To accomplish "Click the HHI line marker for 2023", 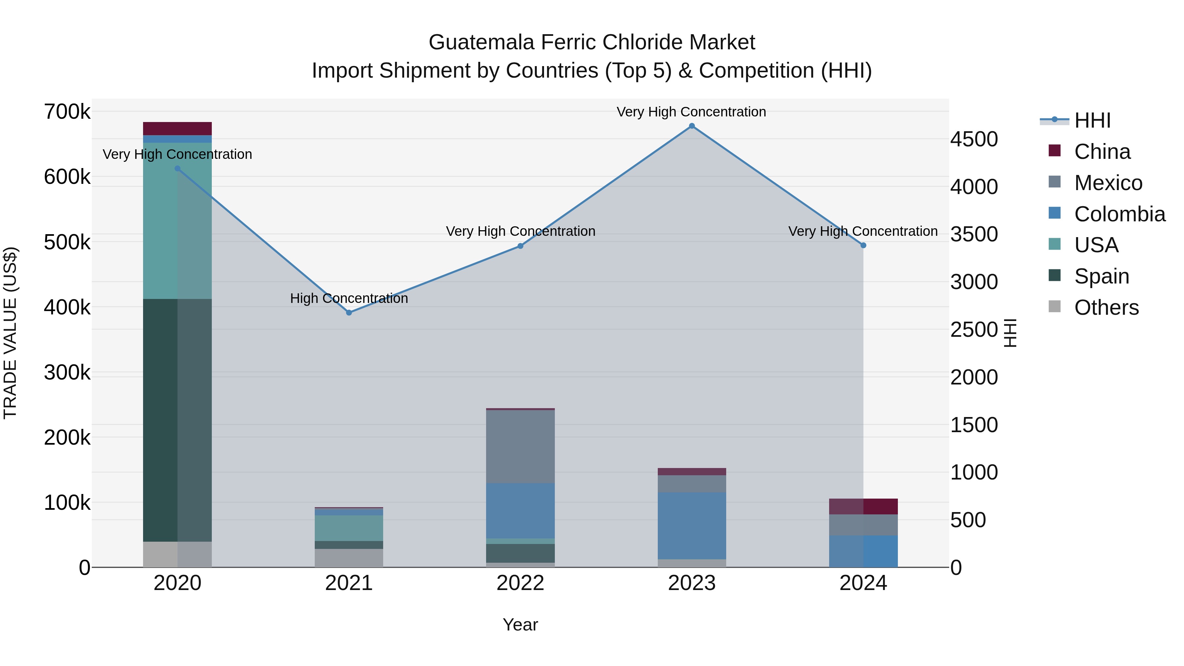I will [692, 126].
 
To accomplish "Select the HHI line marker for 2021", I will [349, 312].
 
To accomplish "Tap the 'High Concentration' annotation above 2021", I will [349, 298].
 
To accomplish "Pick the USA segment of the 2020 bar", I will [177, 221].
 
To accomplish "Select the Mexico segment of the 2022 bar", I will [520, 446].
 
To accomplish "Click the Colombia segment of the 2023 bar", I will [692, 525].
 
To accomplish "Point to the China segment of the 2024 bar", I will [863, 506].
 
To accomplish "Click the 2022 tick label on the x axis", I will [520, 583].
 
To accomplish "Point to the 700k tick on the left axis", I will [67, 112].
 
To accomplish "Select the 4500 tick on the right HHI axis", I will [974, 139].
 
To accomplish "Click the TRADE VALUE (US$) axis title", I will [10, 333].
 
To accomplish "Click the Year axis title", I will [520, 625].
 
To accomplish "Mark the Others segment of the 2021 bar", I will [349, 557].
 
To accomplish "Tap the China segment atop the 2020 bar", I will [177, 128].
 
